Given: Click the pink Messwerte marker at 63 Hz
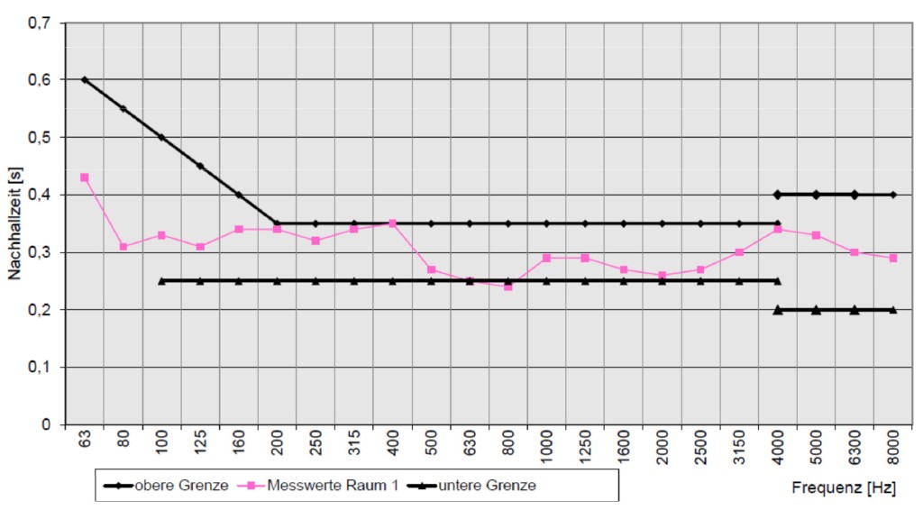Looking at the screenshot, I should pyautogui.click(x=85, y=178).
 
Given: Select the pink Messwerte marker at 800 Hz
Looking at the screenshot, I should pyautogui.click(x=508, y=287).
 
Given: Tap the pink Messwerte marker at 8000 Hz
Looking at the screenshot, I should pyautogui.click(x=892, y=258).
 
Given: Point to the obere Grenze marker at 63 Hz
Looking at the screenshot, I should pyautogui.click(x=85, y=79).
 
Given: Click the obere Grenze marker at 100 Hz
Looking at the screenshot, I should pyautogui.click(x=161, y=137).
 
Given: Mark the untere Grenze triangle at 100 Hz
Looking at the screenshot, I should pyautogui.click(x=161, y=280).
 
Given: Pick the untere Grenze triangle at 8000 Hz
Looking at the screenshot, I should pyautogui.click(x=892, y=309).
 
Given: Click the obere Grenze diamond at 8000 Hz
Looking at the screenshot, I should pyautogui.click(x=892, y=195).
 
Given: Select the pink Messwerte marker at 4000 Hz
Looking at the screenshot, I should pyautogui.click(x=777, y=229).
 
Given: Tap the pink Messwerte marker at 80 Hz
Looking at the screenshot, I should pyautogui.click(x=123, y=246).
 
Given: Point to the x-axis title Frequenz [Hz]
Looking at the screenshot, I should pyautogui.click(x=844, y=487).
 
